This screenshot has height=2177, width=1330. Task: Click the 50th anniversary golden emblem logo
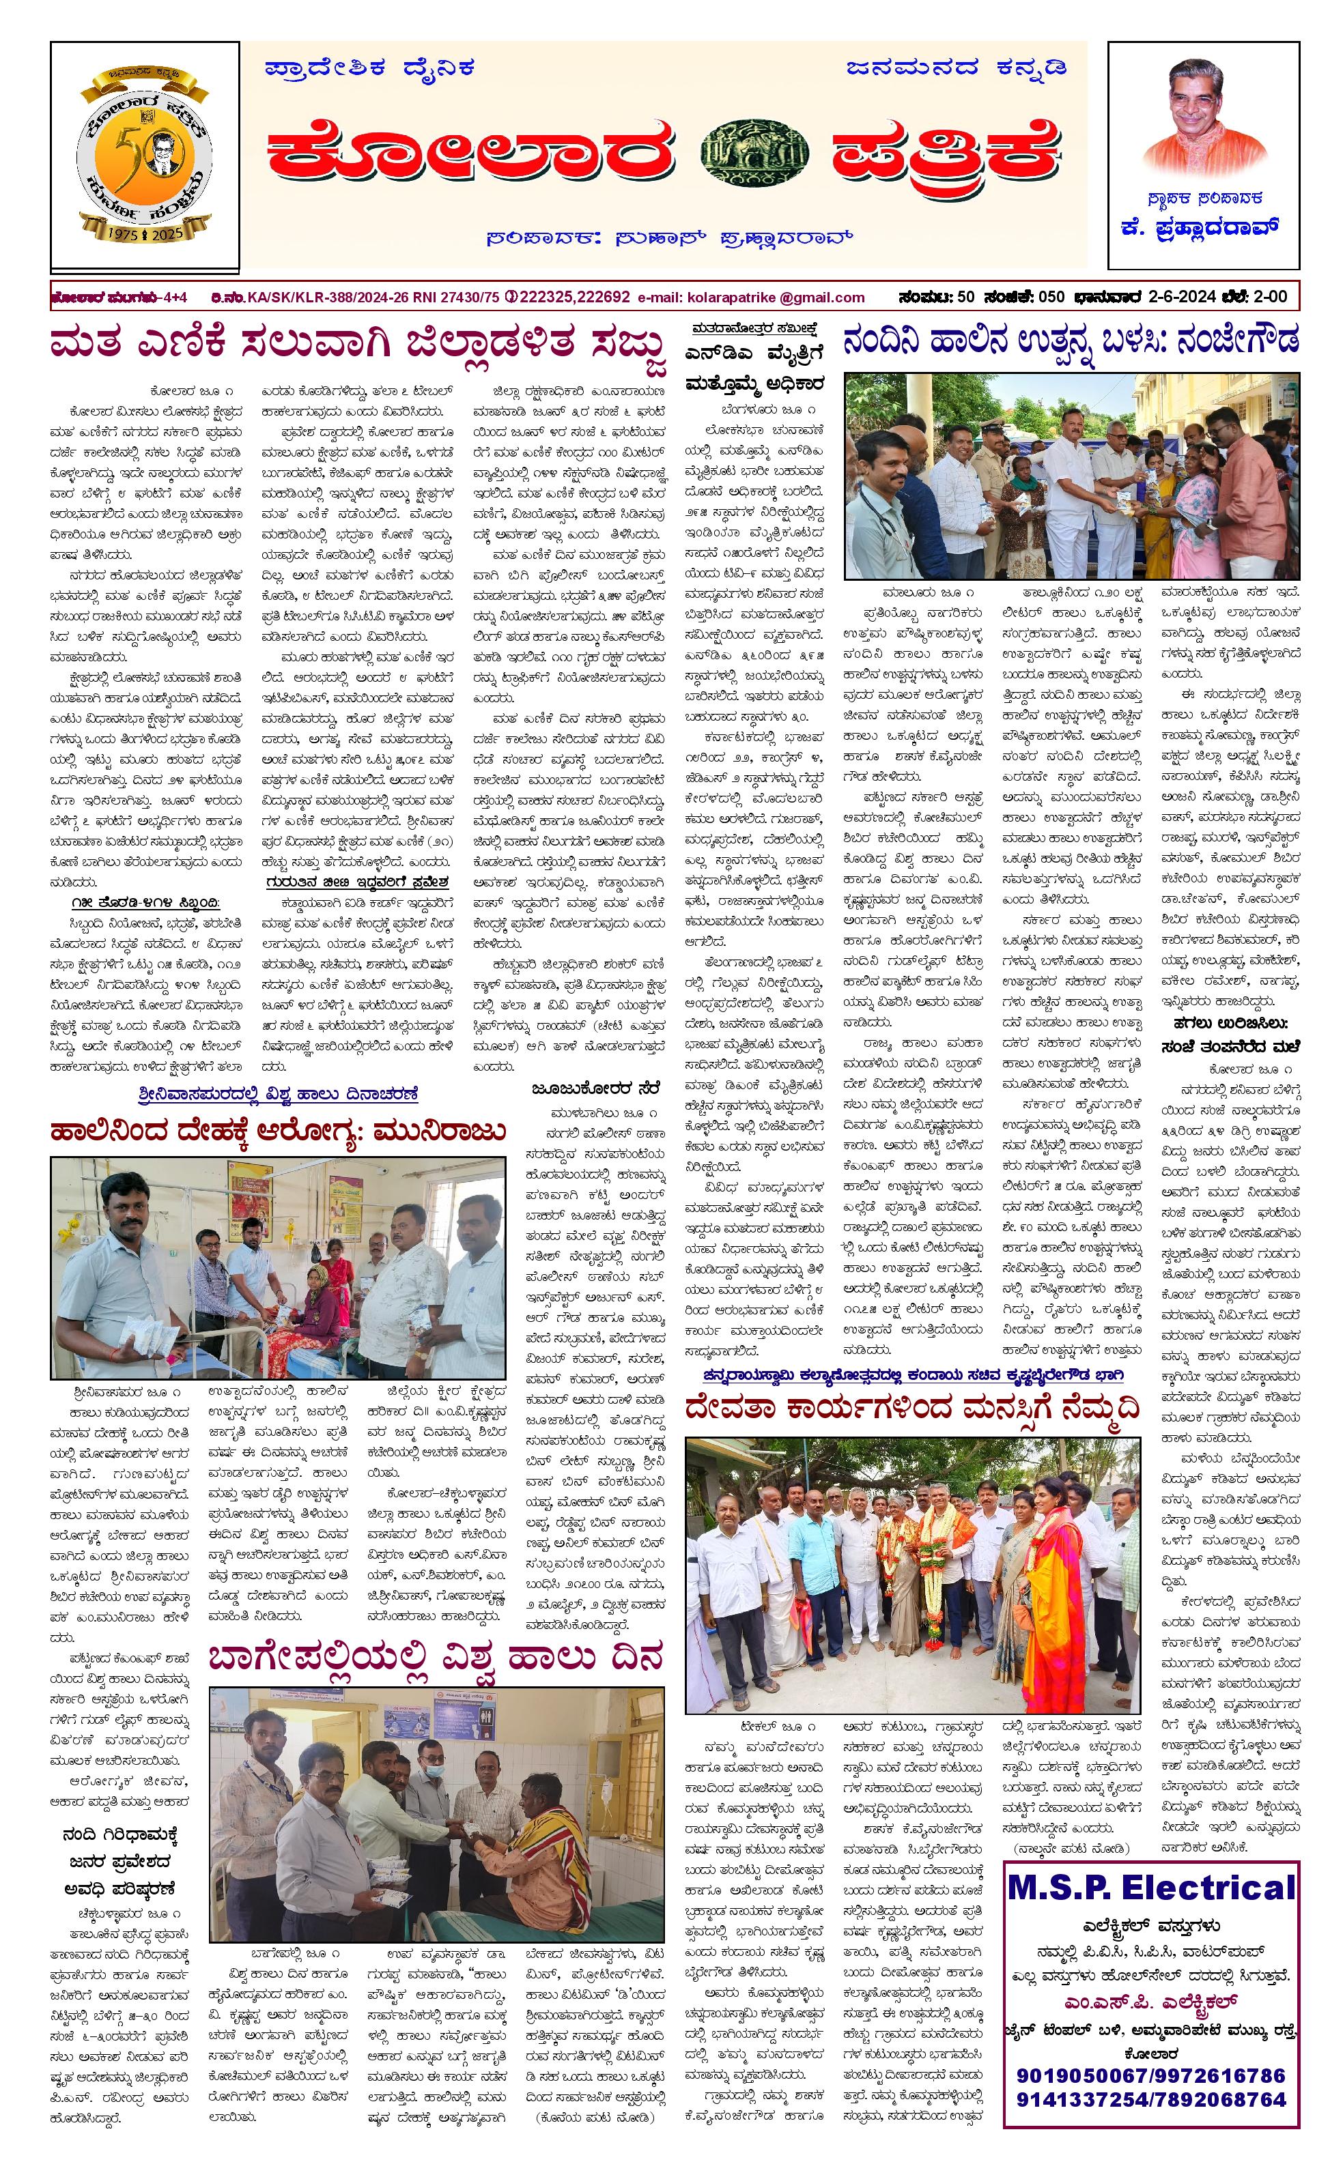pos(144,157)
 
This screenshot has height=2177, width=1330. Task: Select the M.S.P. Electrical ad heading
pos(1150,1888)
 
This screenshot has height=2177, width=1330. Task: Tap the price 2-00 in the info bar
pos(1270,297)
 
